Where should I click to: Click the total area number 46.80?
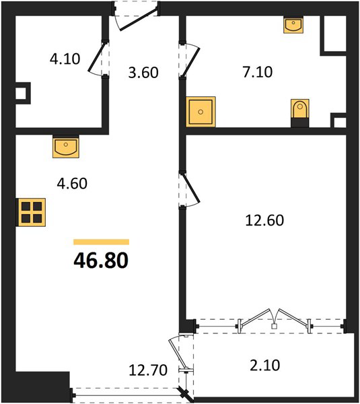click(101, 261)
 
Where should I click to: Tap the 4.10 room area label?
click(65, 59)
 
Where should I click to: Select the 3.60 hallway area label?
click(143, 73)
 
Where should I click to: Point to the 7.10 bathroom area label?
click(257, 72)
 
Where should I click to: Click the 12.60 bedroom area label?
click(264, 221)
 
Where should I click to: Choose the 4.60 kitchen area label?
click(72, 184)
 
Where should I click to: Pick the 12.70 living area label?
click(148, 370)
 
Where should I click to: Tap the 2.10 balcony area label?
click(264, 366)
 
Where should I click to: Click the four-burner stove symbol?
click(31, 212)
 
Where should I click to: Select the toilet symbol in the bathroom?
click(300, 113)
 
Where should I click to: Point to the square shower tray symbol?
click(201, 112)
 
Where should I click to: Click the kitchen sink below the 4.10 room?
click(66, 146)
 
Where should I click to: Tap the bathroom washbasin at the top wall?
click(293, 24)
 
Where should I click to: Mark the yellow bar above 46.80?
click(101, 242)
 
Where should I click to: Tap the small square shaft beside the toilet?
click(338, 120)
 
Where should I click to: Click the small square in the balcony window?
click(275, 326)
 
